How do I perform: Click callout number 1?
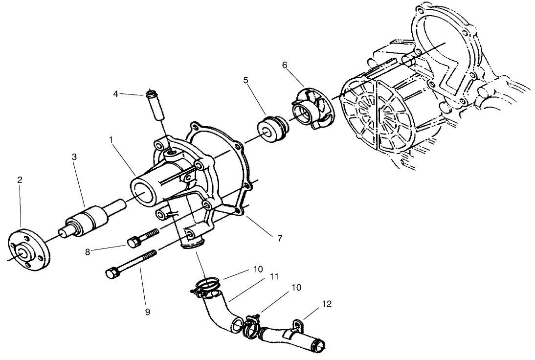[111, 139]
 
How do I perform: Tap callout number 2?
[20, 180]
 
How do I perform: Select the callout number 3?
[74, 157]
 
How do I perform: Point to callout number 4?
[116, 93]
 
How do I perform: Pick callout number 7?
[279, 238]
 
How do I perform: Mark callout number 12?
[327, 304]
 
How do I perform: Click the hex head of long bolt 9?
[111, 273]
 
